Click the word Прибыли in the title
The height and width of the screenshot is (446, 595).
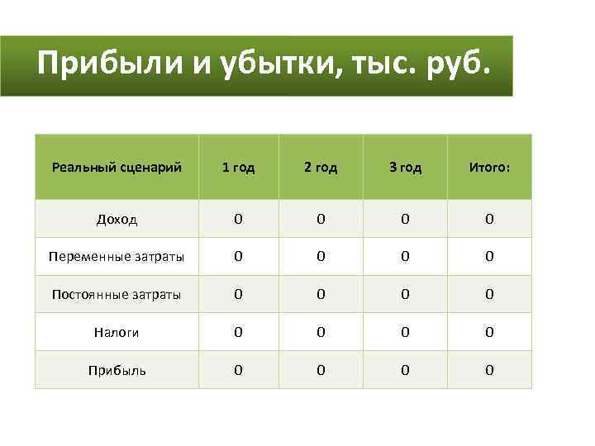(108, 64)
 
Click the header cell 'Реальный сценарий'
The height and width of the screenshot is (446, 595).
(117, 168)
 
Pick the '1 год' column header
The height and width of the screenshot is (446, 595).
(238, 168)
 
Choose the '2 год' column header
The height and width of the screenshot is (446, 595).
(321, 168)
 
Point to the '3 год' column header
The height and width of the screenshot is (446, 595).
(406, 168)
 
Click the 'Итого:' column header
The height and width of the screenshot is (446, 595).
(489, 168)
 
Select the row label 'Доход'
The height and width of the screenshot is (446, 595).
(117, 220)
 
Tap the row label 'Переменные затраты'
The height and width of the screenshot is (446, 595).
(117, 257)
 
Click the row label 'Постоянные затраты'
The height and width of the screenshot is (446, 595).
(117, 294)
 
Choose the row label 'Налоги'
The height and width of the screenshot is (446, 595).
(117, 332)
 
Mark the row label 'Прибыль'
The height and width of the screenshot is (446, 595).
(117, 370)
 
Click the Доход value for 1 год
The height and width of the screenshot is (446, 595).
(238, 219)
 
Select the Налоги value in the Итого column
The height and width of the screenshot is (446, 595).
(489, 332)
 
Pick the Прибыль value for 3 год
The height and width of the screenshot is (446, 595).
(406, 370)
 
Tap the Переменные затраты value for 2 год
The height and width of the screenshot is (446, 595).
(321, 257)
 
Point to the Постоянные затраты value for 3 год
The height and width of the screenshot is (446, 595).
(406, 294)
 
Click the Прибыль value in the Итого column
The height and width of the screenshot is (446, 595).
(489, 370)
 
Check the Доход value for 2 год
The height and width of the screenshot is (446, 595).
(321, 219)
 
